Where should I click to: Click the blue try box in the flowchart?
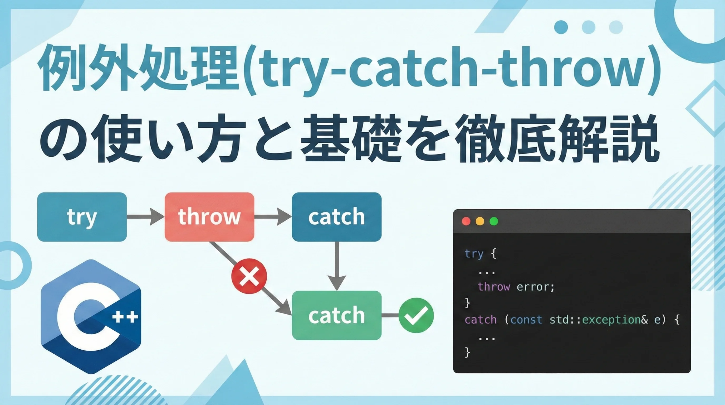[x=82, y=217]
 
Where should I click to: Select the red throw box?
[x=209, y=217]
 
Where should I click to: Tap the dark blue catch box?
[x=337, y=217]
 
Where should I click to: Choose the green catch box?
[x=337, y=315]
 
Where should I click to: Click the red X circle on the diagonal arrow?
[x=249, y=276]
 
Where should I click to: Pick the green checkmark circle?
[x=416, y=315]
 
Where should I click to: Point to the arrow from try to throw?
[x=145, y=217]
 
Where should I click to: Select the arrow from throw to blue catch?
[x=273, y=217]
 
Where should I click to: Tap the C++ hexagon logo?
[x=91, y=317]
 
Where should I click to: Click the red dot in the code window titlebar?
[x=466, y=221]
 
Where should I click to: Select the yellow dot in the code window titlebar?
[x=480, y=221]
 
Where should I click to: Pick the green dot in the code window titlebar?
[x=494, y=221]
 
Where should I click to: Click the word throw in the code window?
[x=494, y=287]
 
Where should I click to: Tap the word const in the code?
[x=526, y=320]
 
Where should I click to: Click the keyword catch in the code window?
[x=481, y=320]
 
